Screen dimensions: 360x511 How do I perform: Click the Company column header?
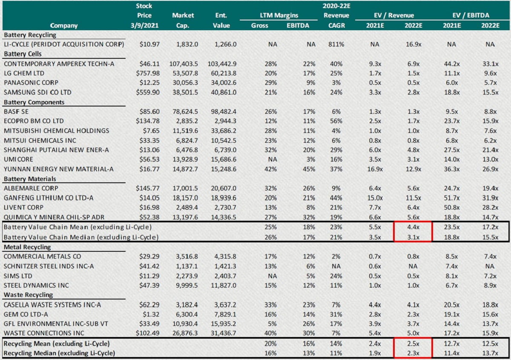(63, 25)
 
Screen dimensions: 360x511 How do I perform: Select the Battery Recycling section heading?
(30, 35)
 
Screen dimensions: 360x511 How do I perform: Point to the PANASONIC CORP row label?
(31, 83)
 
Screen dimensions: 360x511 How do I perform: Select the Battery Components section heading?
(34, 102)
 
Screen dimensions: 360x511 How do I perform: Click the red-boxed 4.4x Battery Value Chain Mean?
(412, 227)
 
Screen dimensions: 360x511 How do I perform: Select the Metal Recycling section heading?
(27, 247)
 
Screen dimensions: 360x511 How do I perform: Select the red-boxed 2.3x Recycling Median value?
(412, 353)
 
